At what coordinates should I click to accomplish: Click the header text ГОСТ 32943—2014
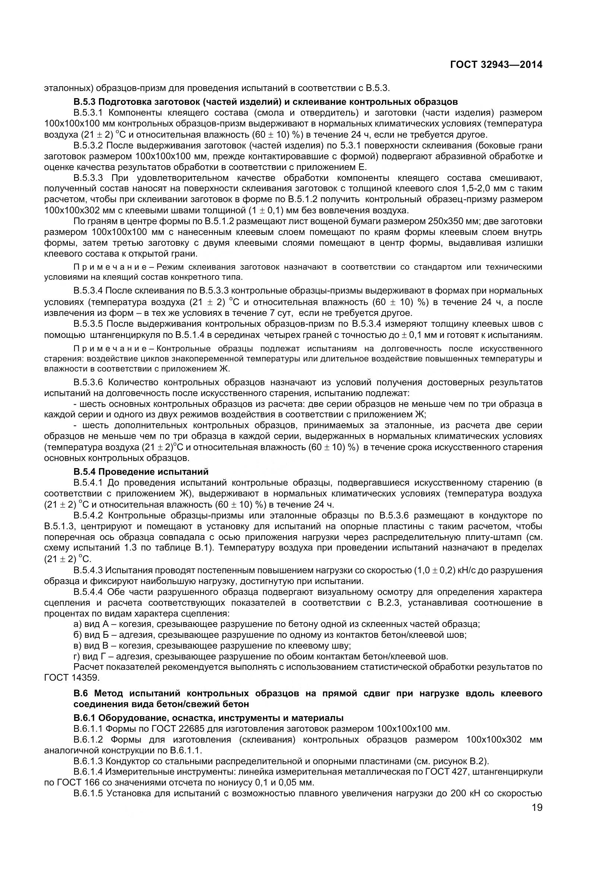pyautogui.click(x=496, y=65)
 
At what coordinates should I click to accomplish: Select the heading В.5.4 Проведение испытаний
pyautogui.click(x=141, y=472)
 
